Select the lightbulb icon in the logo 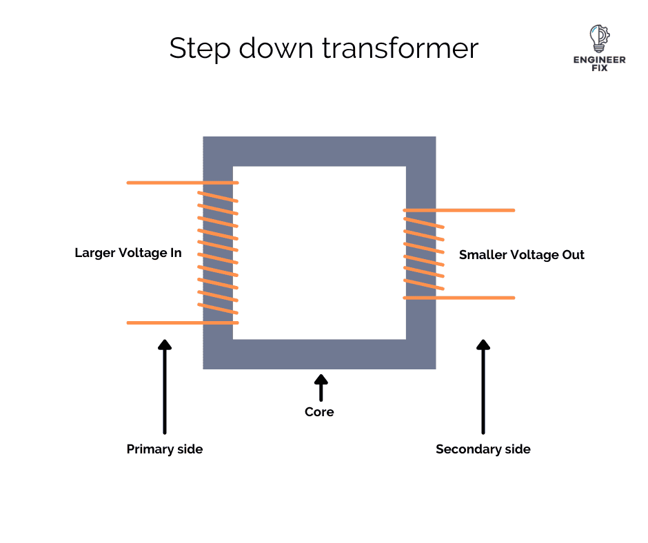click(599, 39)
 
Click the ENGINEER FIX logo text click(600, 64)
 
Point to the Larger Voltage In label click(128, 253)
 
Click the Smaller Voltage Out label click(522, 255)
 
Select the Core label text click(319, 412)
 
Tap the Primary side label click(165, 449)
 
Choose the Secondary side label click(483, 449)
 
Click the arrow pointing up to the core click(321, 387)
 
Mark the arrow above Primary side click(164, 386)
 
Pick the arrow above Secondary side click(483, 386)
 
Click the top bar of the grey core click(319, 151)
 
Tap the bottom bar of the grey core click(319, 354)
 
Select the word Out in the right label click(573, 255)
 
